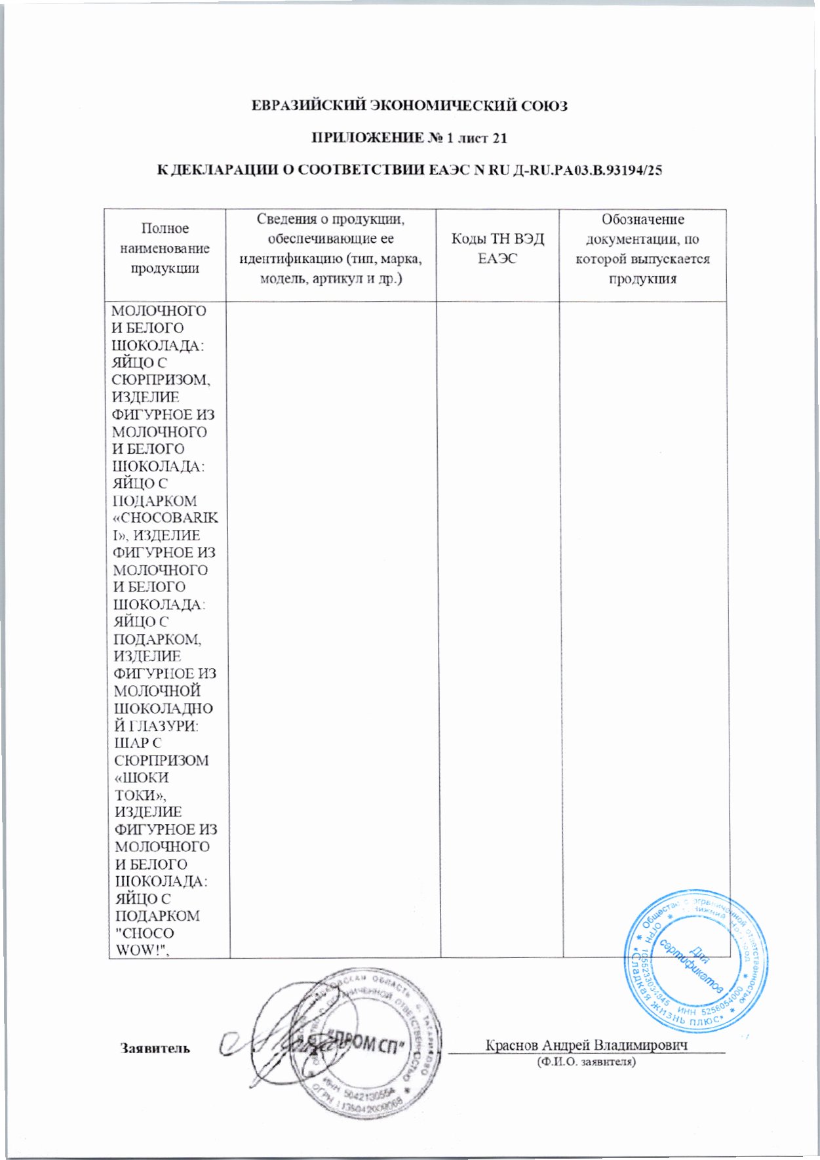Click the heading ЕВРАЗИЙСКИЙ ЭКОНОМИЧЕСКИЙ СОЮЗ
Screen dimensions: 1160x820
[410, 106]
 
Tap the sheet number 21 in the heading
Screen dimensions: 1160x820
[499, 138]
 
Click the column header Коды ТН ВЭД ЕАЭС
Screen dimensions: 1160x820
[498, 249]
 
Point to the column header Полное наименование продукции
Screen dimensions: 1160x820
[165, 248]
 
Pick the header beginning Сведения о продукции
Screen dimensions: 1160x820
[330, 249]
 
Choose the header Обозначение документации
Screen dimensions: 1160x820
[642, 249]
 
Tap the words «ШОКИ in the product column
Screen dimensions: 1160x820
[142, 778]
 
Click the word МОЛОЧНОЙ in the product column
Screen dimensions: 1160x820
[157, 691]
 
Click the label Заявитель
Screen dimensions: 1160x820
[155, 1048]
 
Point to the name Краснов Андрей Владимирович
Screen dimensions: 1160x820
[586, 1045]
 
